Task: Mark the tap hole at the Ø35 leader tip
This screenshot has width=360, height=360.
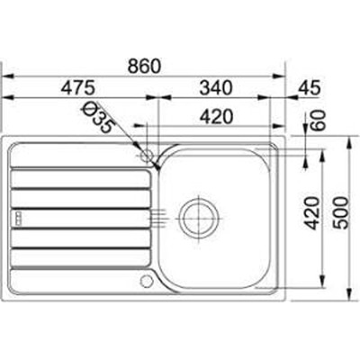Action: (x=146, y=156)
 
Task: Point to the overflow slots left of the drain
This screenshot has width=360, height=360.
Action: (x=157, y=216)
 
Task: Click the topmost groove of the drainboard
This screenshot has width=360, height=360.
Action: (x=81, y=166)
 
